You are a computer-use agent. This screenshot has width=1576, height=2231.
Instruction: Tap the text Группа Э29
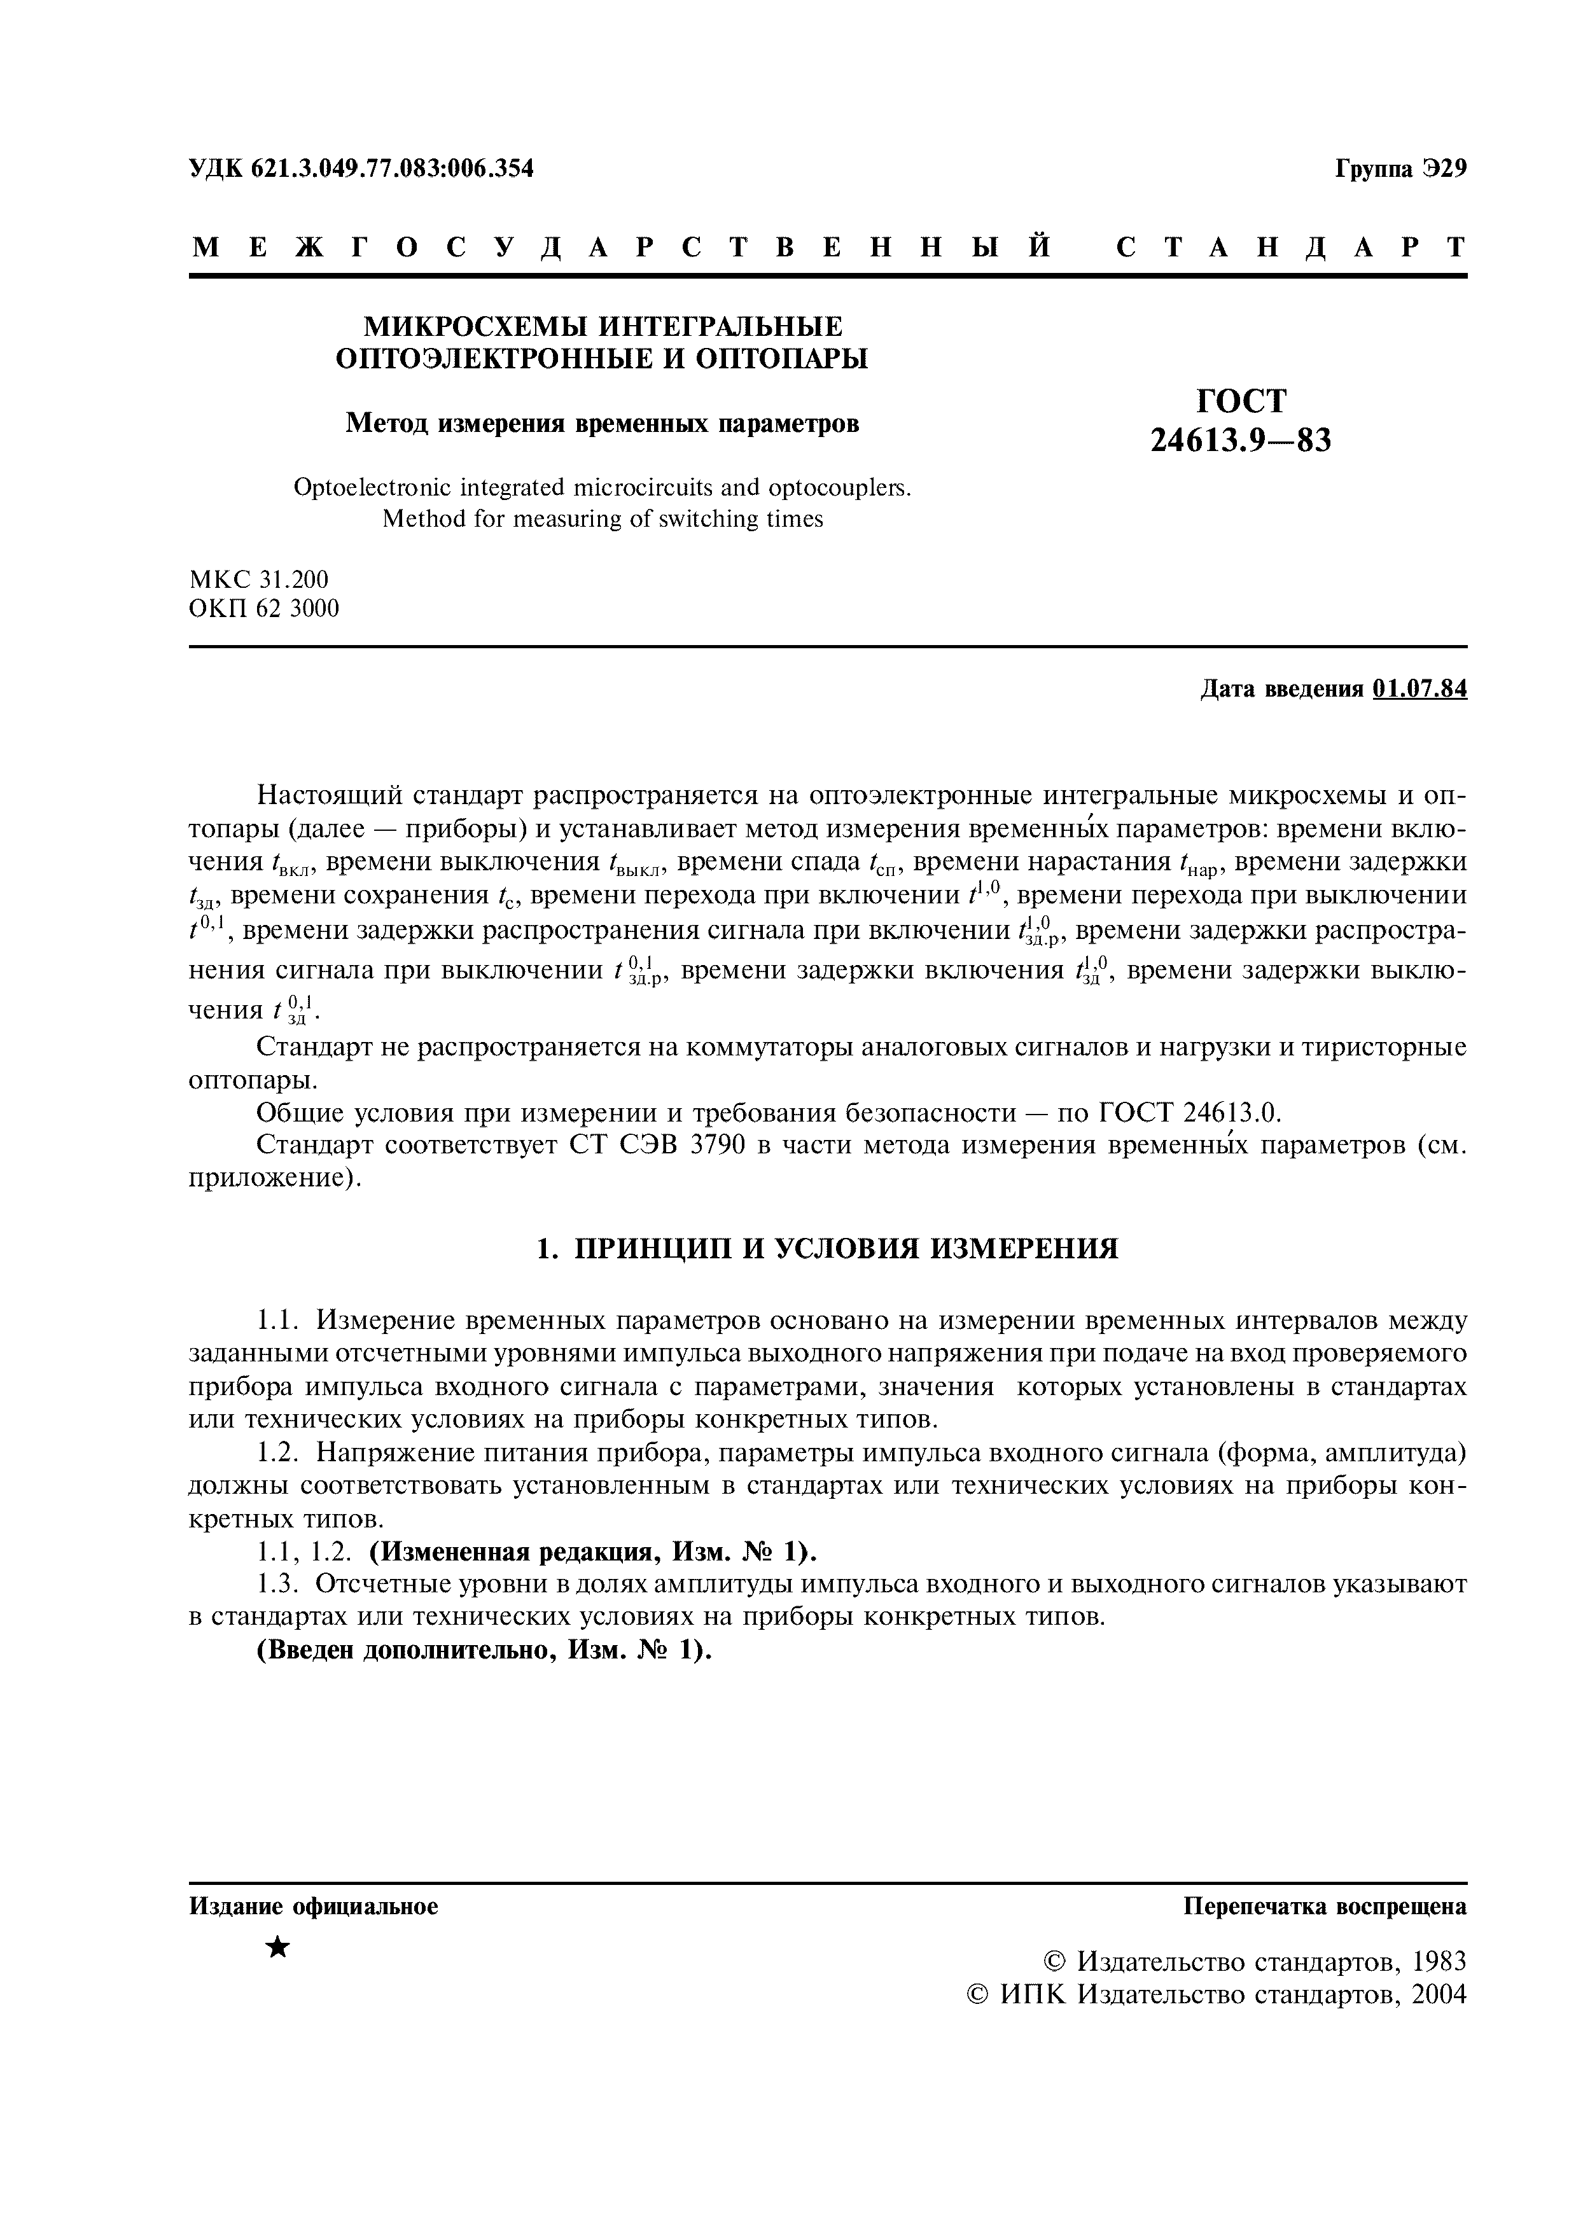pos(1400,169)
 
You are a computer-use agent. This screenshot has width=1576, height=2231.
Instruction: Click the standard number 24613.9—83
pos(1240,441)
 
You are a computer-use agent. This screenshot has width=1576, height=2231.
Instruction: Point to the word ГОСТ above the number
pos(1241,400)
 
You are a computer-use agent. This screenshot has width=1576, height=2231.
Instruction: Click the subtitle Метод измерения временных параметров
pos(603,424)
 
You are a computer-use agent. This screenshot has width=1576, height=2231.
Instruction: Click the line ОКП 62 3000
pos(263,609)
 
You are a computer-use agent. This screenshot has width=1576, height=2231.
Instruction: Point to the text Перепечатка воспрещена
pos(1324,1907)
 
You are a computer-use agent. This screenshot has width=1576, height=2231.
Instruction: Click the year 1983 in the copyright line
pos(1438,1962)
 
